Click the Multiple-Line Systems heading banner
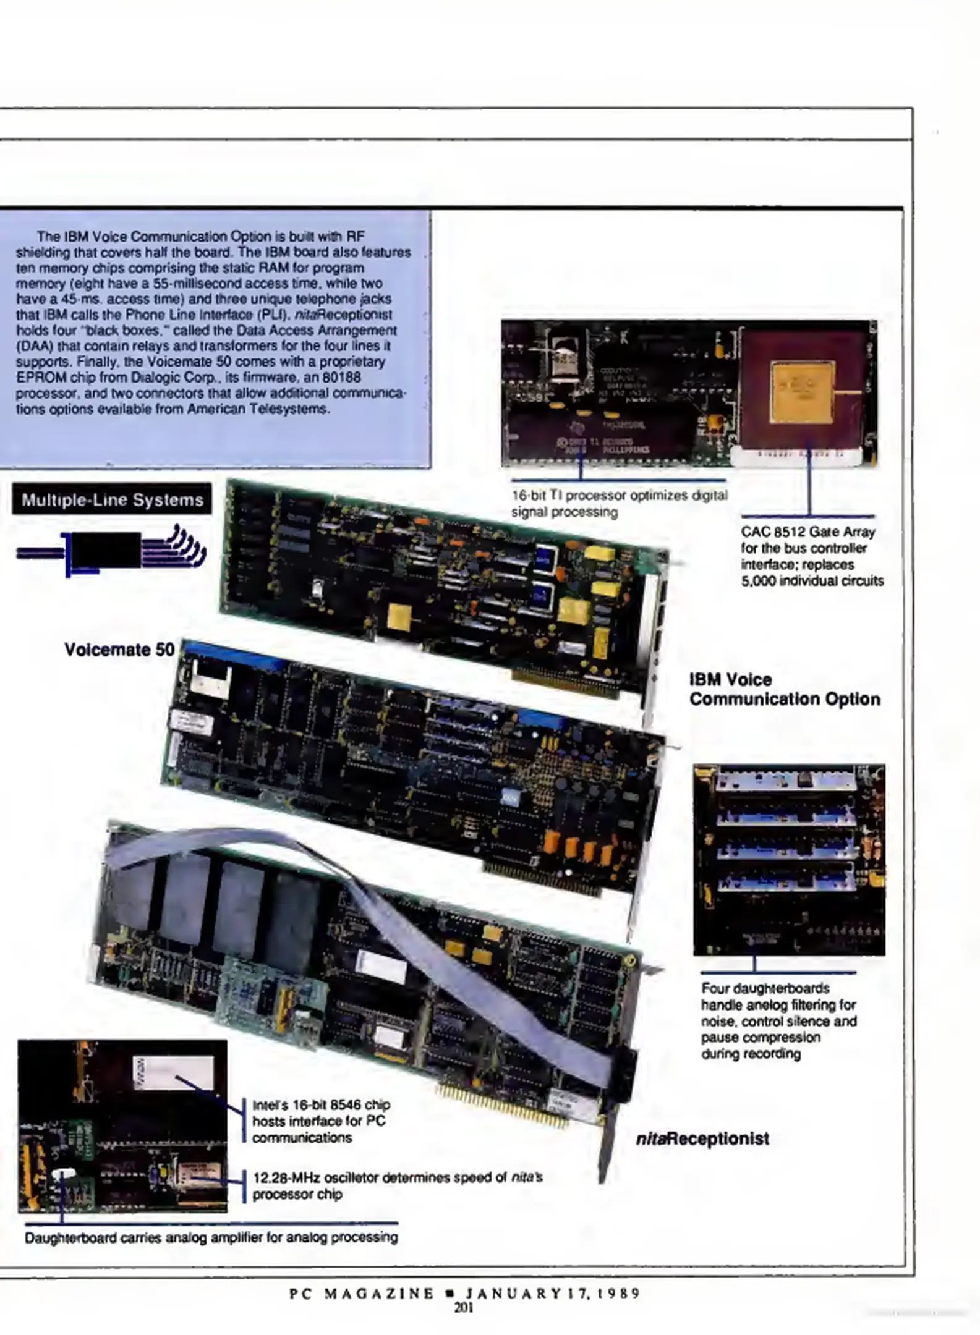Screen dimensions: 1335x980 (x=112, y=499)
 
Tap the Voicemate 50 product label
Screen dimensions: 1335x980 (x=119, y=650)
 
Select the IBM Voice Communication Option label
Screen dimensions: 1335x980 (x=784, y=689)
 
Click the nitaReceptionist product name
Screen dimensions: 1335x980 (x=702, y=1138)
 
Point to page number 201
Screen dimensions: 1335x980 (x=464, y=1307)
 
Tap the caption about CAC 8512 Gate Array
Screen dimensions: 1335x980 (x=811, y=556)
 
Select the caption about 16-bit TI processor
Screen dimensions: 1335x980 (x=618, y=503)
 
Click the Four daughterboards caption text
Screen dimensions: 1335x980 (x=778, y=1020)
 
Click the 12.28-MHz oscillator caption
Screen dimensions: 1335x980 (x=397, y=1185)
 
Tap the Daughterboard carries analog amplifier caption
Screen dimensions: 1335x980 (x=211, y=1237)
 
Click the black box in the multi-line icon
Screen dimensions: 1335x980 (x=106, y=549)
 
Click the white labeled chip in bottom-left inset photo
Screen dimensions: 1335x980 (x=173, y=1072)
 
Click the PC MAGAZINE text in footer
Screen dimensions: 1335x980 (x=362, y=1293)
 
